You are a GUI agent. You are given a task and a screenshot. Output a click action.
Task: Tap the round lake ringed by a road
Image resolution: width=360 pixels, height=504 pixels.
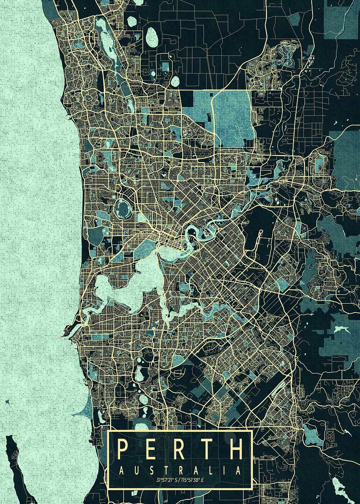coord(124,207)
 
